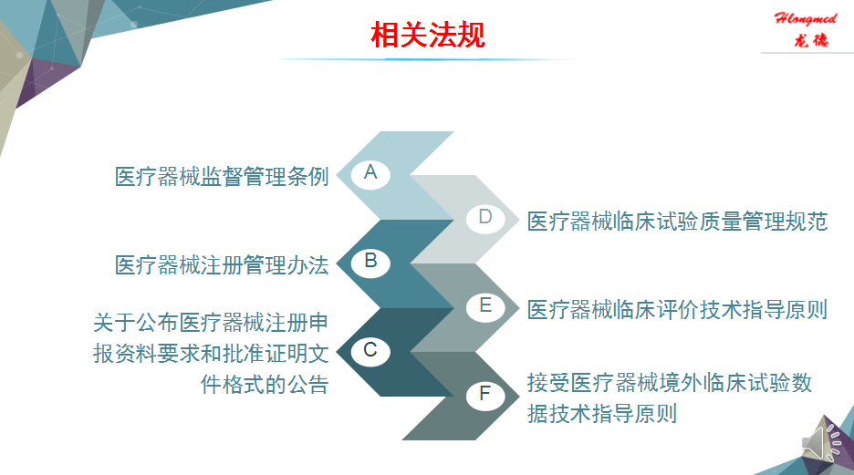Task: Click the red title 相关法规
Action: pos(428,35)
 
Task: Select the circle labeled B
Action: pos(370,262)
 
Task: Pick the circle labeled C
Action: pos(370,350)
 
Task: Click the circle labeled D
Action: pos(485,218)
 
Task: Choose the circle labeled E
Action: pos(485,306)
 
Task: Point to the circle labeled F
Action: pos(485,395)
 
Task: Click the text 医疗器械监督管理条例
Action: pos(222,176)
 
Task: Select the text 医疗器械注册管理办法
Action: pos(222,265)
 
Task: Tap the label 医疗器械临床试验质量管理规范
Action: pos(678,222)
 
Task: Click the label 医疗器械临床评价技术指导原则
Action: pos(678,310)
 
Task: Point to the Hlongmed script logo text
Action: pos(806,18)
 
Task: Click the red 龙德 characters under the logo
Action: pos(811,40)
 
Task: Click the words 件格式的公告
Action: pos(265,384)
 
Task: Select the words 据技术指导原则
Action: pos(602,414)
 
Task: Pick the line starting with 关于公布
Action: pos(211,323)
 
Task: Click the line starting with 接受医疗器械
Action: pos(670,383)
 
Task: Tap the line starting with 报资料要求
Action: pos(211,354)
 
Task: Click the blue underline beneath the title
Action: pos(428,58)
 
